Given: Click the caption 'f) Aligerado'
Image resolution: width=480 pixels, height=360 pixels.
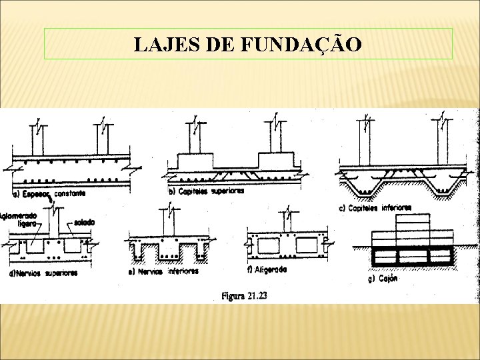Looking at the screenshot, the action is click(x=267, y=269).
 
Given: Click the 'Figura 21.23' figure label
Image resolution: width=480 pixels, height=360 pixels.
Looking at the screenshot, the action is click(x=244, y=295).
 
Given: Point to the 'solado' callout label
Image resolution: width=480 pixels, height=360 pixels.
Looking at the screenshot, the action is click(x=84, y=222).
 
